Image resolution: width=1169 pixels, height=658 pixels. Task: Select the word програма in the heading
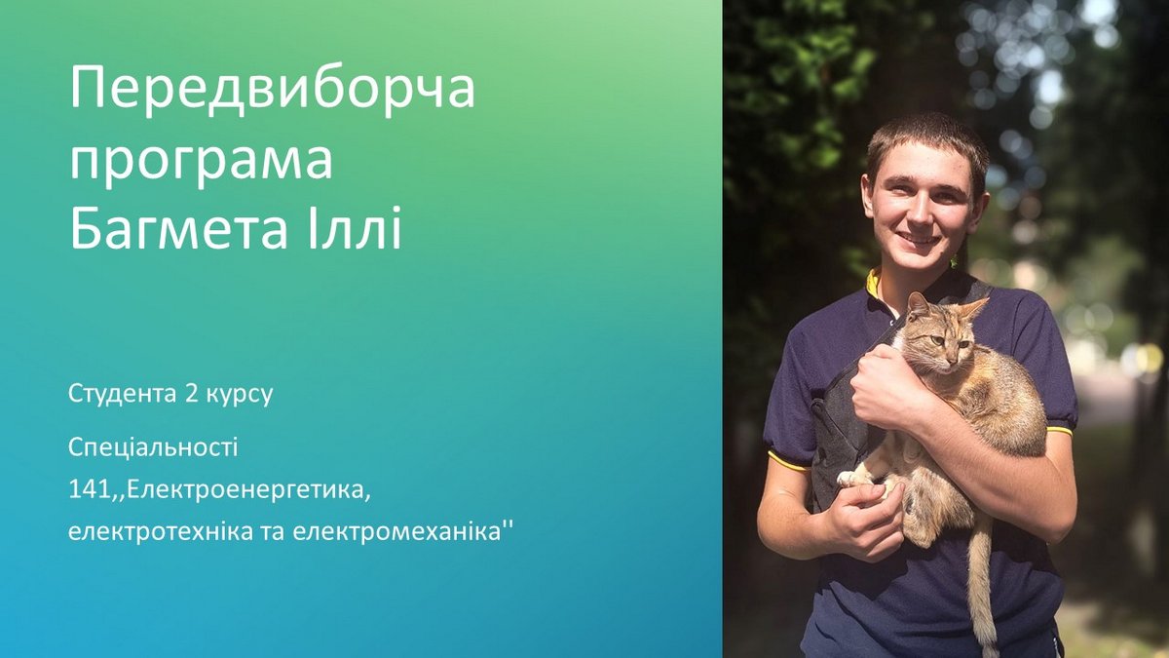click(x=202, y=160)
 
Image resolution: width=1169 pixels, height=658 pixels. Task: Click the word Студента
click(x=122, y=394)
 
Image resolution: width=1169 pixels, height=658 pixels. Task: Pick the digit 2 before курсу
click(x=190, y=394)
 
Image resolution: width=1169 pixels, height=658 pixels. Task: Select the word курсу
click(x=239, y=396)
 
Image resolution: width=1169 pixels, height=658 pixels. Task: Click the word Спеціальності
click(x=153, y=448)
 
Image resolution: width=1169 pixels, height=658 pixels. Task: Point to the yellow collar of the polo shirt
click(x=873, y=284)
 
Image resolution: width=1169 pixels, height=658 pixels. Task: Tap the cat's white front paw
click(x=848, y=478)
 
